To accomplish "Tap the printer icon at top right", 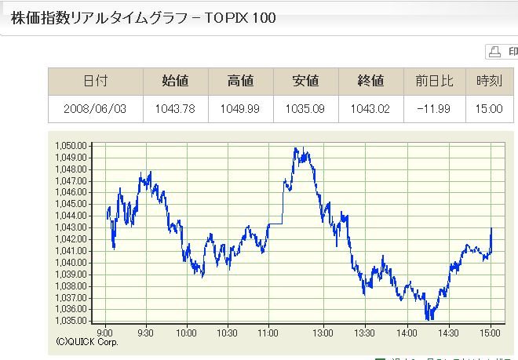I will tap(495, 52).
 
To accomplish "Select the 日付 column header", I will tap(95, 81).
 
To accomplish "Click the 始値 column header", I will tap(175, 81).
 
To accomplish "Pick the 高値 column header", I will tap(240, 81).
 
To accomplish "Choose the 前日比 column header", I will tap(435, 81).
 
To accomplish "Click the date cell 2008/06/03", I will tap(95, 108).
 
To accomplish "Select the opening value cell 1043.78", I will tap(175, 108).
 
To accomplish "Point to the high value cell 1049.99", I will tap(240, 108).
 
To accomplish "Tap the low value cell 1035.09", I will tap(305, 108).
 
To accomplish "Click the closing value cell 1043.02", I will tap(370, 108).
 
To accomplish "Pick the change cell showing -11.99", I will tap(435, 108).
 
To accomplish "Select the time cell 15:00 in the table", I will tap(489, 108).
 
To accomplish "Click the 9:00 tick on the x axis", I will tap(106, 332).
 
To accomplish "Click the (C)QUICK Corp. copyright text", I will tap(87, 341).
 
